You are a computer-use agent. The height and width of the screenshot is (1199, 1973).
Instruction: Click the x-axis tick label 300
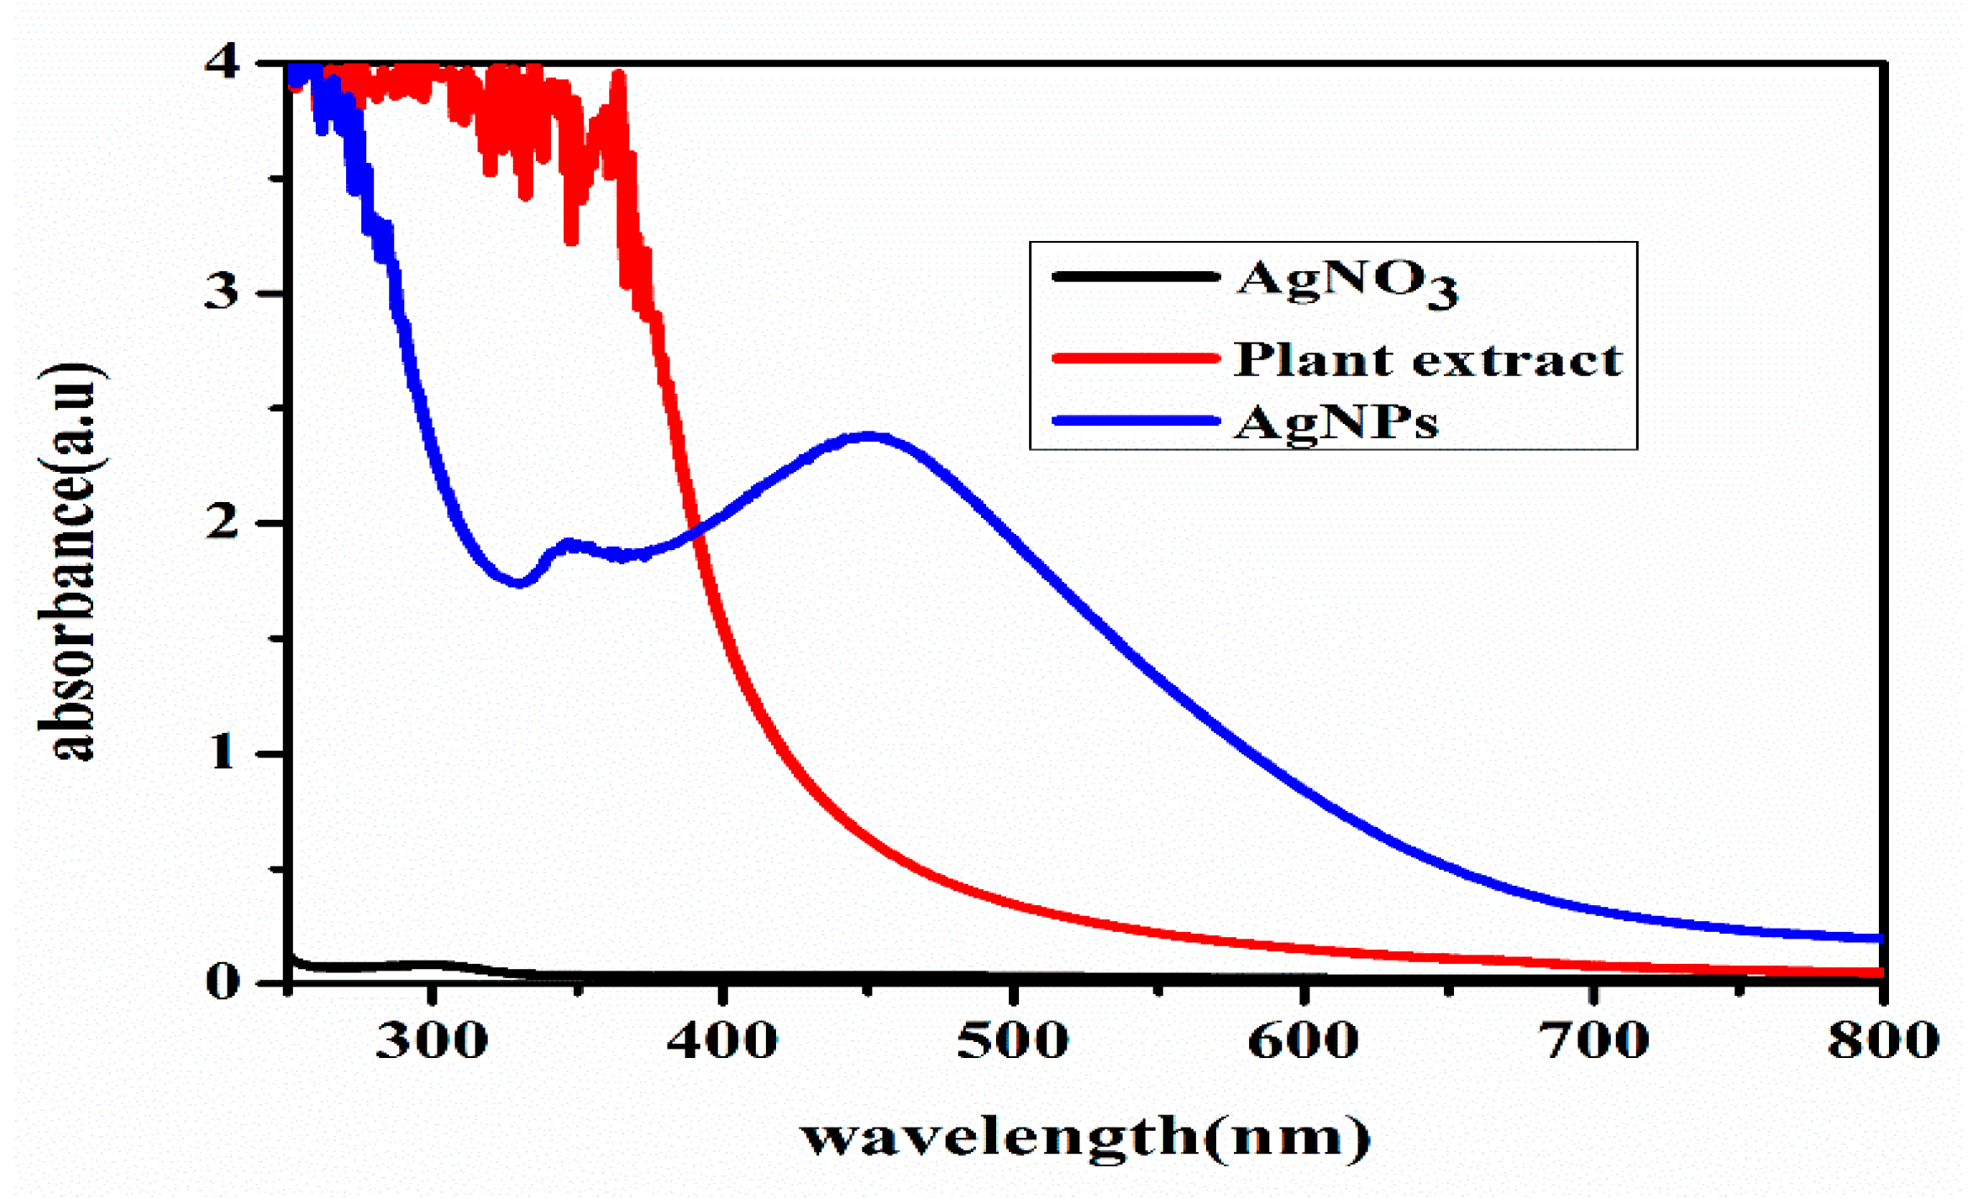(431, 1041)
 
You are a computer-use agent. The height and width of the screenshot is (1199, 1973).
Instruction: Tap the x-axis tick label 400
(722, 1041)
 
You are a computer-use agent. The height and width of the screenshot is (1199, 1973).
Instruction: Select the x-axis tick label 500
(1013, 1041)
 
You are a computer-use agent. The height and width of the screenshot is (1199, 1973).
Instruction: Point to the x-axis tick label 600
(1304, 1041)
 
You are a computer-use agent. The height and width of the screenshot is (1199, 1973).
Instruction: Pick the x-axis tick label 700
(1594, 1041)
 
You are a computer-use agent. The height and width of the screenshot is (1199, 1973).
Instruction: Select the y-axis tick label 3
(222, 293)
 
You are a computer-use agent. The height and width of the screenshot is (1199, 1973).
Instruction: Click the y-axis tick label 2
(222, 523)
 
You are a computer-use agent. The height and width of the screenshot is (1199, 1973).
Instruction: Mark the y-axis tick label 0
(223, 981)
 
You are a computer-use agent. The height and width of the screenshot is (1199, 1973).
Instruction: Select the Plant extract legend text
(1428, 360)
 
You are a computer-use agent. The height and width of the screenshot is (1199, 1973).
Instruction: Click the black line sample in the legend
(1135, 277)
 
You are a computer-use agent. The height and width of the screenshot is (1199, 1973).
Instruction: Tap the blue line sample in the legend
(1135, 421)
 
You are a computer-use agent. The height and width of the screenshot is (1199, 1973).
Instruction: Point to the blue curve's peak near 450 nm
(870, 437)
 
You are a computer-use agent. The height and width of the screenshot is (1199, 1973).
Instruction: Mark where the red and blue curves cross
(694, 531)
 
